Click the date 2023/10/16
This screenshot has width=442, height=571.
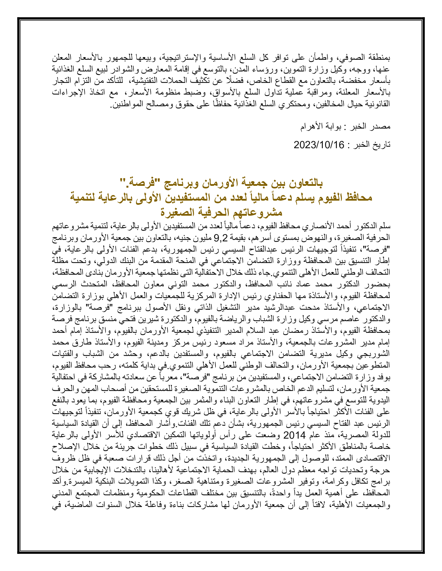tap(319, 145)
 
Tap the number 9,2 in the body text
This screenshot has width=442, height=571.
tap(219, 238)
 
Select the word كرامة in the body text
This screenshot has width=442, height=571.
tap(358, 482)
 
